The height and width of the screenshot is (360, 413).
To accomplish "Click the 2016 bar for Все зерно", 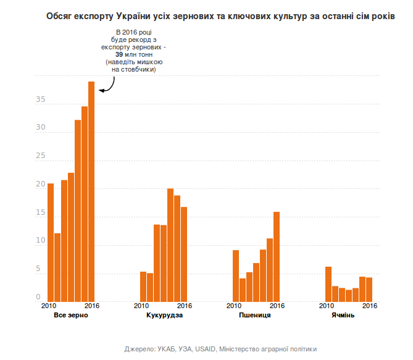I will (91, 191).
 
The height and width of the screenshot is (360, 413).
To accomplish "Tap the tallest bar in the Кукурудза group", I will (170, 245).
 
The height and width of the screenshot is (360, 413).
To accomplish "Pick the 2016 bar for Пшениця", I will (277, 256).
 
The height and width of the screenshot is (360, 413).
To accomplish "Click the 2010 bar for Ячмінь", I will (328, 284).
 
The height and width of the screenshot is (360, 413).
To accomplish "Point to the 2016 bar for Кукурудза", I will (184, 254).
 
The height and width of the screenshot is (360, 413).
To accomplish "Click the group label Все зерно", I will (71, 316).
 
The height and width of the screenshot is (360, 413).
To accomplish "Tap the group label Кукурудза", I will (164, 316).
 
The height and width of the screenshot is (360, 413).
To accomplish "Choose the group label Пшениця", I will (255, 316).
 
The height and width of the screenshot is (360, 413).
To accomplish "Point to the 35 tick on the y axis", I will (41, 99).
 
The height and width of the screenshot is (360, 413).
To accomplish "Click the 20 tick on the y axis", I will (41, 185).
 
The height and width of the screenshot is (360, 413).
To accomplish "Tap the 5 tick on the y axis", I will (43, 270).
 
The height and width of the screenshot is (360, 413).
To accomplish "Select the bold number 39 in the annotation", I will (128, 54).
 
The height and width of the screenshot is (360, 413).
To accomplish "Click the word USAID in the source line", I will (206, 349).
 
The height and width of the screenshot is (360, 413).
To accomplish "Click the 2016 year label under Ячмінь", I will (369, 306).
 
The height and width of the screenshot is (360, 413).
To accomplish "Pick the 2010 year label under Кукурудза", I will (142, 306).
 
